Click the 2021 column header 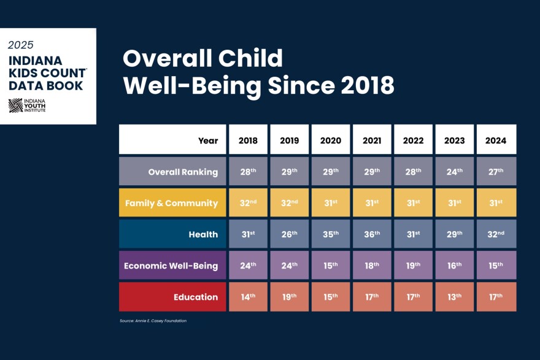(372, 140)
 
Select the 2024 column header (496, 140)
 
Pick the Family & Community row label (172, 203)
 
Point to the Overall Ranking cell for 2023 (455, 172)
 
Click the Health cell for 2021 (372, 234)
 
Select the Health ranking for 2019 (290, 234)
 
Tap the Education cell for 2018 (249, 297)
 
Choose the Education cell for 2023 (455, 297)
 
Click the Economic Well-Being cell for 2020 (331, 266)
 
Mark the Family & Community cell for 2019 (290, 203)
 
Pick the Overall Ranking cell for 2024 (496, 172)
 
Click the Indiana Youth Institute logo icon (15, 105)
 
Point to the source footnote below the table (153, 321)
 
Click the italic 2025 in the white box (21, 45)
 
